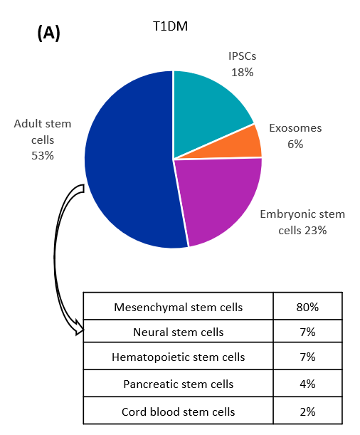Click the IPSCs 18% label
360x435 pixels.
click(x=242, y=65)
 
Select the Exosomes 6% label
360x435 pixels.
click(x=295, y=136)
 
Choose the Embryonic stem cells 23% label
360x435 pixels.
click(x=302, y=221)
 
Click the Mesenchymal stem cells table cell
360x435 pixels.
click(x=179, y=308)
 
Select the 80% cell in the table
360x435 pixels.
click(x=307, y=308)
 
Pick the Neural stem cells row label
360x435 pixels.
click(x=179, y=332)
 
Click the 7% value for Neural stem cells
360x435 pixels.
click(x=307, y=332)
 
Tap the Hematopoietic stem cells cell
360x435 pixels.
click(x=179, y=357)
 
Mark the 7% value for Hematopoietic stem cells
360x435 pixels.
click(x=307, y=357)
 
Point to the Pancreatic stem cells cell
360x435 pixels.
click(x=179, y=384)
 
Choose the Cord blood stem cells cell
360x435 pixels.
click(x=179, y=412)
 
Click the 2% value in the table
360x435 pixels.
click(x=307, y=412)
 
